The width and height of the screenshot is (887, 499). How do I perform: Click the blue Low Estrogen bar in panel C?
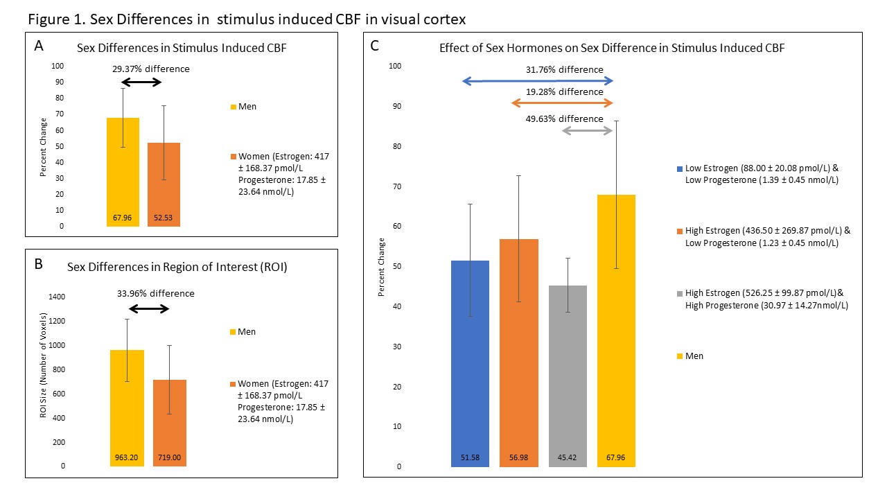coord(470,363)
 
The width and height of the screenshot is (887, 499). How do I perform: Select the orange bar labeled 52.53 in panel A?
coord(164,184)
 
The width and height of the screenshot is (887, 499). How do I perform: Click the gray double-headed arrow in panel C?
coord(587,130)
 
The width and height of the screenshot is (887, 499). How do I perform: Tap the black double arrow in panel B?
coord(150,308)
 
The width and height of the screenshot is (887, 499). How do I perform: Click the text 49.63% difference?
coord(564,119)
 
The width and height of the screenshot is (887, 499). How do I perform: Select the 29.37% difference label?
coord(151,69)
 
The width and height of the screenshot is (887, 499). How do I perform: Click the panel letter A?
coord(39,46)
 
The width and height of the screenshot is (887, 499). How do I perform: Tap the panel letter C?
coord(375,46)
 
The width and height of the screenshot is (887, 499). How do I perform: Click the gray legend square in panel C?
coord(680,293)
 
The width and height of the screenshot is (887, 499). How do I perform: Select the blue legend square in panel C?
coord(680,168)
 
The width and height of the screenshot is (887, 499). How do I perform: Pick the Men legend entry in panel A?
coord(243,107)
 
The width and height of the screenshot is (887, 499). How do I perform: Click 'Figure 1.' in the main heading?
coord(55,19)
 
